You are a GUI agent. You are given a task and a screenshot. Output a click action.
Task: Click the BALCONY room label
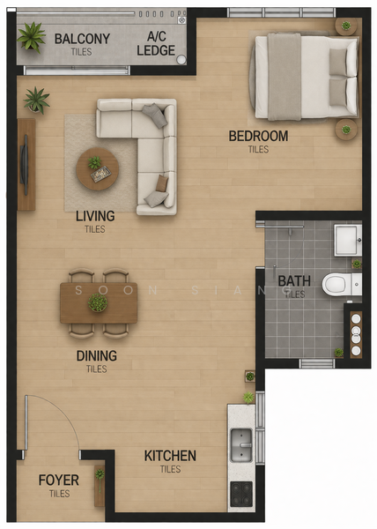click(82, 39)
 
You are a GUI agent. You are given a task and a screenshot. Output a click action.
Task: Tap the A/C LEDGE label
click(156, 43)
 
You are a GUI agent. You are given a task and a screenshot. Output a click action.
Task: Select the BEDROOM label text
click(258, 136)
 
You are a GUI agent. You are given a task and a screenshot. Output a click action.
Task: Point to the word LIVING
click(95, 216)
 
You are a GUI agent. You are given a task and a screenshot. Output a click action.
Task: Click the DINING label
click(97, 356)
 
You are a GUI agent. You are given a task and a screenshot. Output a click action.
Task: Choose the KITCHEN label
click(170, 456)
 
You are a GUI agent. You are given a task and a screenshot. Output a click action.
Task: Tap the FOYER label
click(59, 481)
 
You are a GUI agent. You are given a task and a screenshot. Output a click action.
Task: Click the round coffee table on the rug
click(98, 169)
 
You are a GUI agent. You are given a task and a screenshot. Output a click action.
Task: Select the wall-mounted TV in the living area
click(24, 165)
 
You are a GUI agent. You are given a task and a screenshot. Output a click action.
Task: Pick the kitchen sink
click(240, 445)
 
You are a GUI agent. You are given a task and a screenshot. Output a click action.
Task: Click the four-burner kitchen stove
click(241, 495)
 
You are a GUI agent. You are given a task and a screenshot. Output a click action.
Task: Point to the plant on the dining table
click(98, 302)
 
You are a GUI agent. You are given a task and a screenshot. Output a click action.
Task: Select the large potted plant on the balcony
click(32, 37)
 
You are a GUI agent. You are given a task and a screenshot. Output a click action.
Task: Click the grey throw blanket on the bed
click(285, 77)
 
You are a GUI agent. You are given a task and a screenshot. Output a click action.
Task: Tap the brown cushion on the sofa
click(162, 183)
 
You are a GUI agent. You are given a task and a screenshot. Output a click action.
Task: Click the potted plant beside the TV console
click(36, 101)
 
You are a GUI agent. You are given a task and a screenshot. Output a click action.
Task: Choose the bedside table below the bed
click(346, 130)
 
